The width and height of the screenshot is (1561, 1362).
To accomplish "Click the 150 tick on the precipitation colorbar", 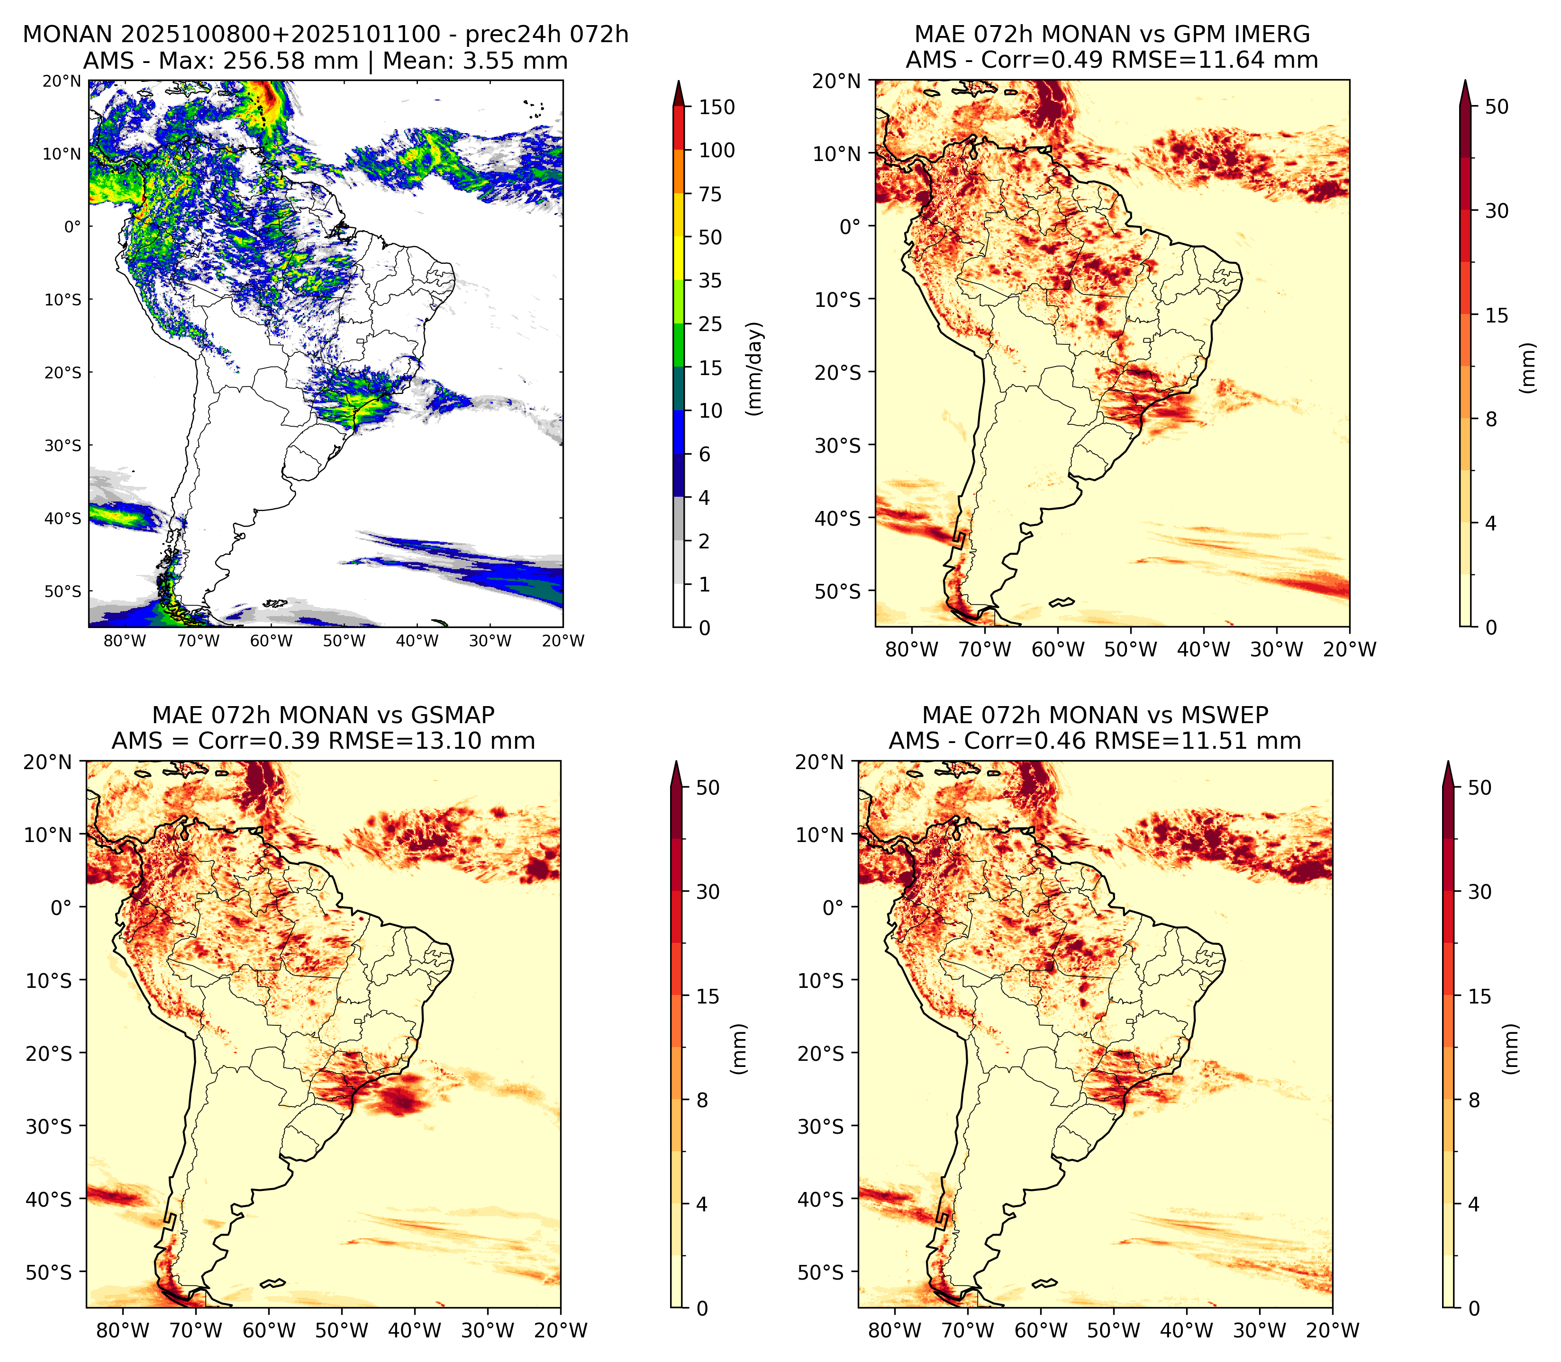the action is click(x=717, y=107).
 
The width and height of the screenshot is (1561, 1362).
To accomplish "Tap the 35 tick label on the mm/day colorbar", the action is click(x=710, y=280).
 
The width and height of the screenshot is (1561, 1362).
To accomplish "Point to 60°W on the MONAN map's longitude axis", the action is click(x=272, y=641).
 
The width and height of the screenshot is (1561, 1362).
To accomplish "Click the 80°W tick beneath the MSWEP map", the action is click(x=895, y=1330).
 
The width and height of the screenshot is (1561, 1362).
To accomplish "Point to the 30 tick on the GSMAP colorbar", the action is click(x=708, y=892).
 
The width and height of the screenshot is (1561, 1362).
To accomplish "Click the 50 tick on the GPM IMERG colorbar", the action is click(x=1497, y=107).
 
